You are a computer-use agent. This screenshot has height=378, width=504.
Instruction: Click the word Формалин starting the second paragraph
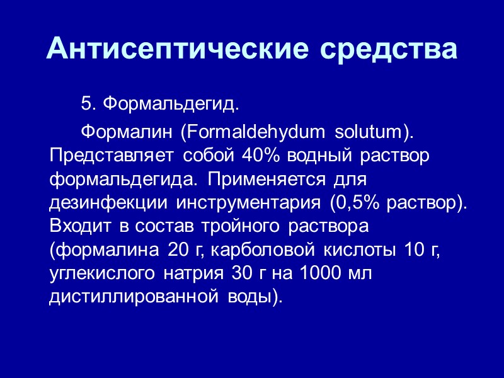[123, 133]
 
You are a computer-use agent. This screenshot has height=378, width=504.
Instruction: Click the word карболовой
[266, 250]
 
